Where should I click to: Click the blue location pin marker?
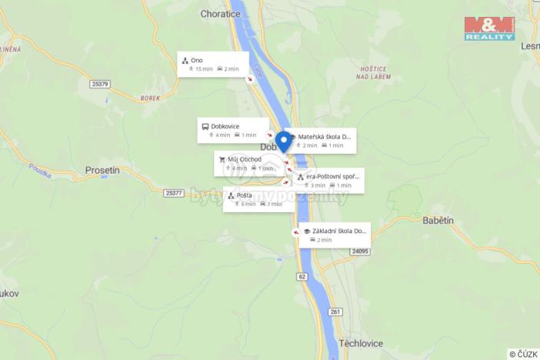click(283, 142)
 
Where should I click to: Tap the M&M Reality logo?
click(489, 28)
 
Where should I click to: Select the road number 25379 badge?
click(100, 84)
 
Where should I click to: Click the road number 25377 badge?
click(175, 193)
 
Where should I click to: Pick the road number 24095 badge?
click(359, 251)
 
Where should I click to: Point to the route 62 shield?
click(302, 276)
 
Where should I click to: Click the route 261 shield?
click(335, 311)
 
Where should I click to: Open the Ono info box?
click(212, 64)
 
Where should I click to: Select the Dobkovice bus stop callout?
click(233, 130)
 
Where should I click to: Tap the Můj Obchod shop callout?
click(248, 163)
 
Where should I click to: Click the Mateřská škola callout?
click(321, 141)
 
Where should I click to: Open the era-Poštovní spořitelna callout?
click(329, 180)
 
